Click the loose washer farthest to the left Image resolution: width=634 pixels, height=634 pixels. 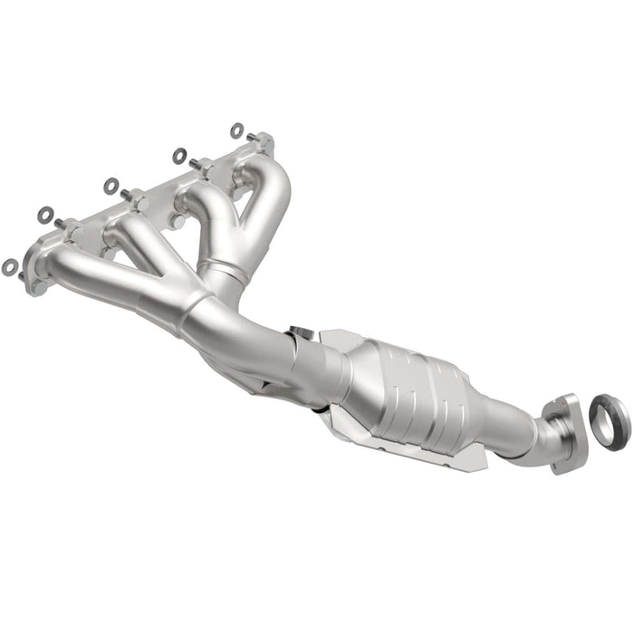click(x=10, y=266)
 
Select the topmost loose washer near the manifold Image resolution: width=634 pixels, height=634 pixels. click(x=236, y=130)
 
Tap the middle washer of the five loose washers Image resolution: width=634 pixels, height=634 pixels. click(x=111, y=186)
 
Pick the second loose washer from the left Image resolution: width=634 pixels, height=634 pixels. click(x=45, y=215)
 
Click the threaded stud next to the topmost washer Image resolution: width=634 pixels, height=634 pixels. click(x=255, y=139)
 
